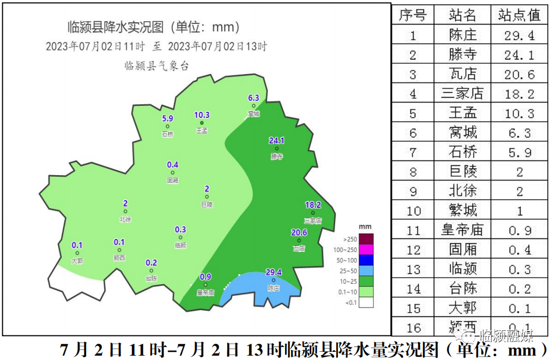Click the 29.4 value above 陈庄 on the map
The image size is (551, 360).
pyautogui.click(x=273, y=272)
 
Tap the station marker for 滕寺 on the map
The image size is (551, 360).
pyautogui.click(x=276, y=148)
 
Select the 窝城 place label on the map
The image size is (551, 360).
pyautogui.click(x=253, y=114)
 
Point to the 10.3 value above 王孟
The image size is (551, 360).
pyautogui.click(x=202, y=115)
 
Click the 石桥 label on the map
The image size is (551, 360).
pyautogui.click(x=167, y=134)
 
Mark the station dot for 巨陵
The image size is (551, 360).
pyautogui.click(x=207, y=197)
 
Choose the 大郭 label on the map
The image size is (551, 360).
pyautogui.click(x=77, y=261)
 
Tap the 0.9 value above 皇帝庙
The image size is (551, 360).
pyautogui.click(x=205, y=276)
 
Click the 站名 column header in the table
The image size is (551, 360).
pyautogui.click(x=463, y=15)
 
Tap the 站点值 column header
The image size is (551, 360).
pyautogui.click(x=519, y=15)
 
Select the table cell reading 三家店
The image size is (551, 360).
pyautogui.click(x=463, y=93)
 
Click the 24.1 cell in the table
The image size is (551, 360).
pyautogui.click(x=519, y=54)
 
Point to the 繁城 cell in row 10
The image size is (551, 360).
pyautogui.click(x=463, y=211)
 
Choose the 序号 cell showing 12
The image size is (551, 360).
pyautogui.click(x=414, y=250)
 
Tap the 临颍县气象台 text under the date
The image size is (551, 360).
pyautogui.click(x=156, y=66)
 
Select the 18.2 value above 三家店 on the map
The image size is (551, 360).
pyautogui.click(x=313, y=205)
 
